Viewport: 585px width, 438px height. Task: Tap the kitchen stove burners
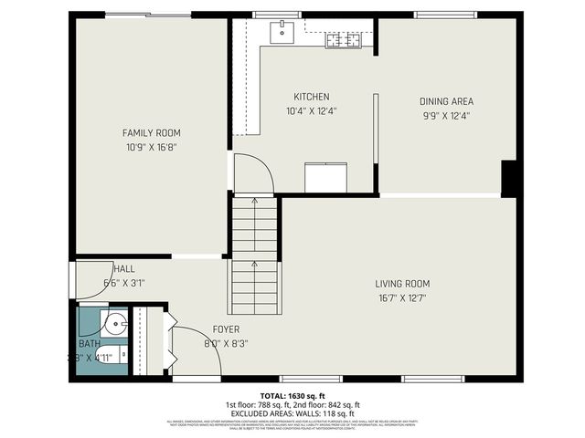345,39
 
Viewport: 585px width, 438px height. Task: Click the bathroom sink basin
114,324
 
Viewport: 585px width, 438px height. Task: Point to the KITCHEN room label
311,97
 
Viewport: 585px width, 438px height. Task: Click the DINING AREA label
446,101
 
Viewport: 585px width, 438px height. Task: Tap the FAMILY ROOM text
151,132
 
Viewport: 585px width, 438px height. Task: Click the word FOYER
226,329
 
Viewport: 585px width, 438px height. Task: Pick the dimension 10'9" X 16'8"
151,147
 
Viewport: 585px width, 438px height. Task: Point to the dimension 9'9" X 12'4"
446,116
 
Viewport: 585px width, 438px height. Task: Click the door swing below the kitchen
253,173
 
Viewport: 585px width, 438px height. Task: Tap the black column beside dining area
511,178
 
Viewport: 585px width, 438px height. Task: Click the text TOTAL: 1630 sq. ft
292,395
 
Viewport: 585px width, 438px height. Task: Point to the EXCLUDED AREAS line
292,412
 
